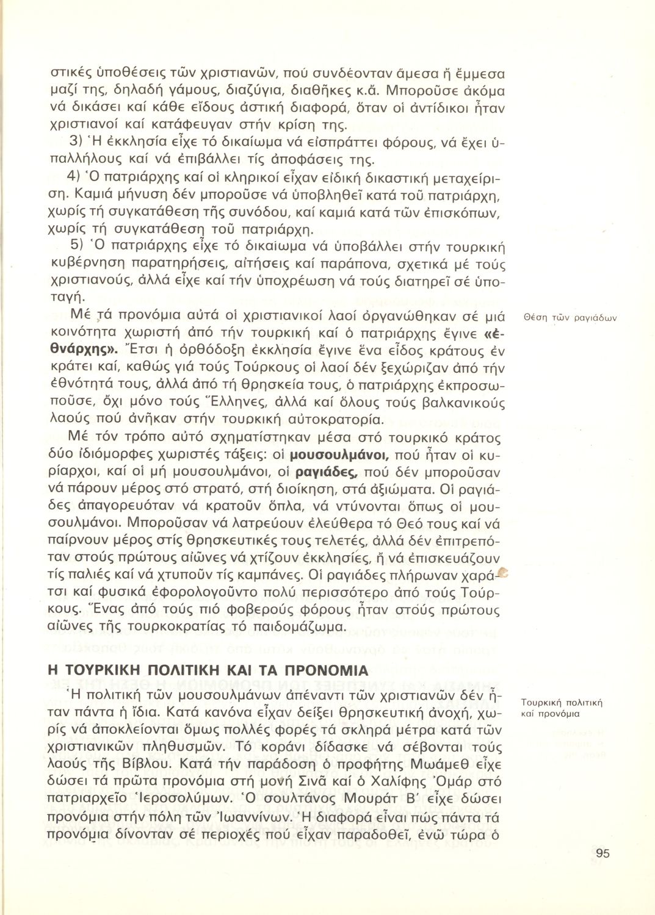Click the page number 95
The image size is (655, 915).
(x=602, y=853)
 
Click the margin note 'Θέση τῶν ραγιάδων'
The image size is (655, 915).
(x=571, y=317)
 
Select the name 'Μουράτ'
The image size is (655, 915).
(x=377, y=798)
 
